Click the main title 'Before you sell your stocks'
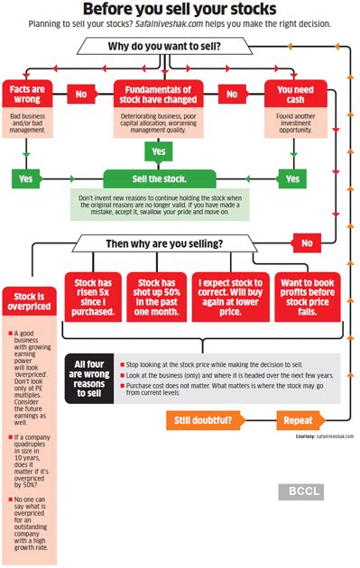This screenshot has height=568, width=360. pos(180,11)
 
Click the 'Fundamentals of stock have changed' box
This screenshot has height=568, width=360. pos(159,94)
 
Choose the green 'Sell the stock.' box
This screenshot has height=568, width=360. pos(159,179)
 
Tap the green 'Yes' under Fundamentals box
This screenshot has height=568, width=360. pos(159,151)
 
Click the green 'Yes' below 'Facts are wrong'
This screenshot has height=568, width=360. pos(25,179)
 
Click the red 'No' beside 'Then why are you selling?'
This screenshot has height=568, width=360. pos(307,243)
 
